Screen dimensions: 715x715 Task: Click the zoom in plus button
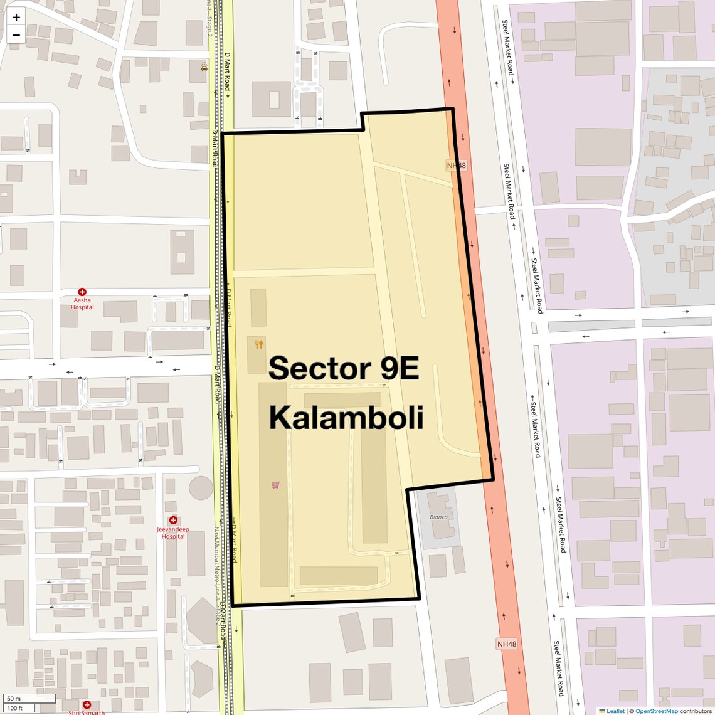16,17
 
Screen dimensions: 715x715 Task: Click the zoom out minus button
16,35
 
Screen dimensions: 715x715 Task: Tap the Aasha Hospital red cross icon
82,292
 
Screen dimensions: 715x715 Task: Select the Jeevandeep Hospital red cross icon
173,520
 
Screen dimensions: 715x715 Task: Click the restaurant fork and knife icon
259,344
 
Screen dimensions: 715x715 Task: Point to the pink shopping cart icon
275,485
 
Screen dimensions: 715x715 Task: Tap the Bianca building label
438,517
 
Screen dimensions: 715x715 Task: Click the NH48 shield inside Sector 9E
457,166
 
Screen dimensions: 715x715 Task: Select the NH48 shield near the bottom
507,644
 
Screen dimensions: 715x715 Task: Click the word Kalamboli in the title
346,418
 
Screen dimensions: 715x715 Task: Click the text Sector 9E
344,368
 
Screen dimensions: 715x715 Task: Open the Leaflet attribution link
615,711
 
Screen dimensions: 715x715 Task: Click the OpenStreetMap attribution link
656,711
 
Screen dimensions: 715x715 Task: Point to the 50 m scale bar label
14,699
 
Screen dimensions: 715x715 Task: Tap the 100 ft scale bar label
15,708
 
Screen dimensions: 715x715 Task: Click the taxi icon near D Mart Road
204,66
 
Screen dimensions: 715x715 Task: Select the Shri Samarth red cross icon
87,705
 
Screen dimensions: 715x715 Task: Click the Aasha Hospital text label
82,304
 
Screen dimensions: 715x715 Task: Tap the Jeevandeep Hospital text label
173,532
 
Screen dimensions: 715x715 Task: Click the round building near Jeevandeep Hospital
201,487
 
